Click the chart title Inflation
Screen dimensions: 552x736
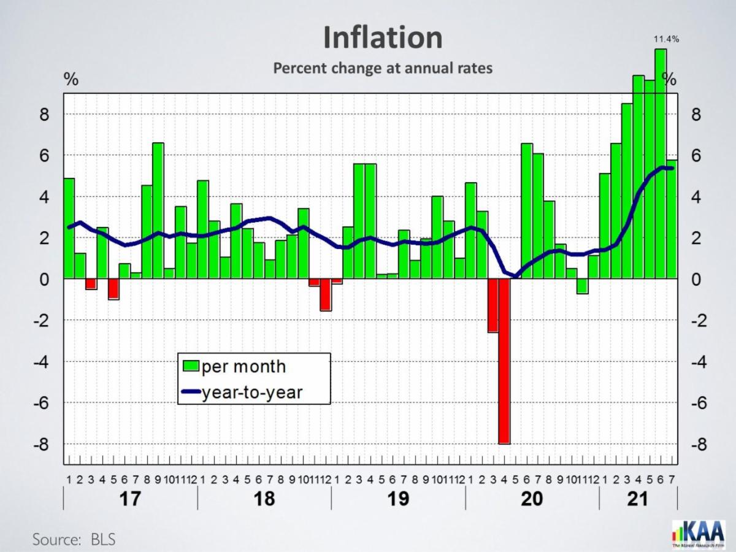383,38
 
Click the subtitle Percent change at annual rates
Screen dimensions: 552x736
383,68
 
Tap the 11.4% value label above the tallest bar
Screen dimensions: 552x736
667,39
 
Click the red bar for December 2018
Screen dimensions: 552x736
326,295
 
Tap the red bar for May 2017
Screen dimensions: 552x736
113,289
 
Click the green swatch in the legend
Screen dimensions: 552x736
191,367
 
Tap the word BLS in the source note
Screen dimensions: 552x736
103,540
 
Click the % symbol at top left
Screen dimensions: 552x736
72,80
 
